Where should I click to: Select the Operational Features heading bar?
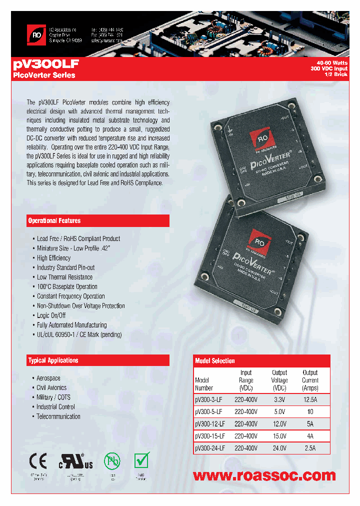98,220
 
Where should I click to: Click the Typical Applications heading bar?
98,360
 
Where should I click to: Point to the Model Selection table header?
261,360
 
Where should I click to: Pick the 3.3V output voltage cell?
279,399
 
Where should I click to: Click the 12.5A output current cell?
310,399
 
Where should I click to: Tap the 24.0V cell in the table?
279,448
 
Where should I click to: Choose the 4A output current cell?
310,436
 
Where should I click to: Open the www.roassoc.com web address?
264,475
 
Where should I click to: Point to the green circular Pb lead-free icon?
112,460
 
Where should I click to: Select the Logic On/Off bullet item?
51,315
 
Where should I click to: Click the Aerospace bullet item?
48,378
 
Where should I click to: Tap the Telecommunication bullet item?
58,416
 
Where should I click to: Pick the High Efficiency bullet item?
53,258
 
